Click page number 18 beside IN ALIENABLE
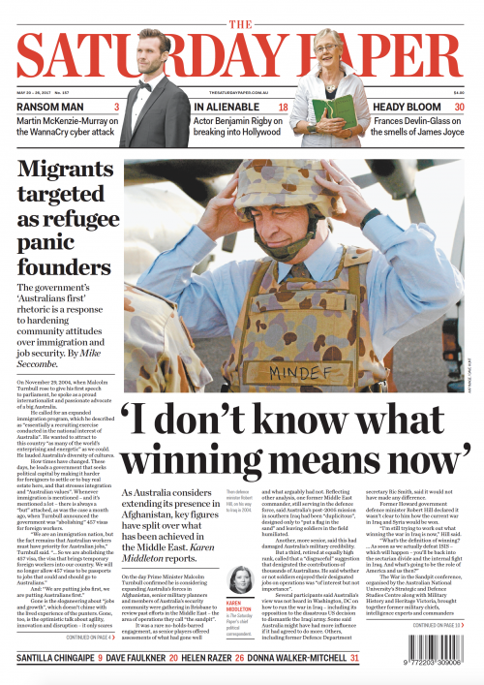[283, 108]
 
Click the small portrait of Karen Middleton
[239, 580]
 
